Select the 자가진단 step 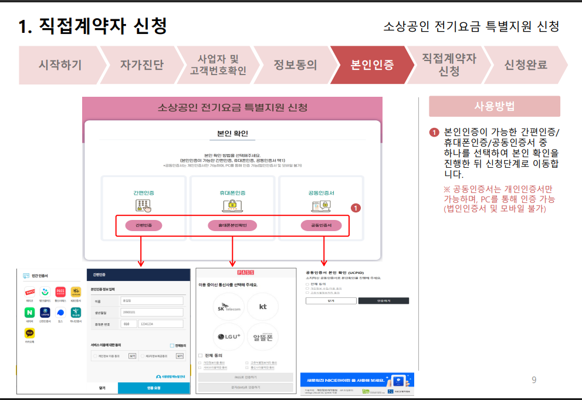click(141, 65)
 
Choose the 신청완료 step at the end click(525, 65)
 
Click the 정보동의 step click(295, 65)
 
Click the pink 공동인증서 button click(321, 225)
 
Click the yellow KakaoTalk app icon click(29, 333)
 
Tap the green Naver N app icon click(29, 313)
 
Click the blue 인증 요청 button click(154, 388)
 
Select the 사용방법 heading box click(494, 106)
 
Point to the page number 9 click(534, 380)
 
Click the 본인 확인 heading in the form click(232, 133)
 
